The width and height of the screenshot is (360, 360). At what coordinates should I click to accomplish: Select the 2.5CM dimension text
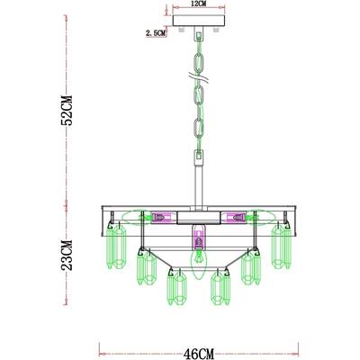pos(156,33)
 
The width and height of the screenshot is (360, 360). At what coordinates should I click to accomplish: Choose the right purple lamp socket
pos(238,217)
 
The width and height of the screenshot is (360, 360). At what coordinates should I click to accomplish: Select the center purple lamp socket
pos(197,241)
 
